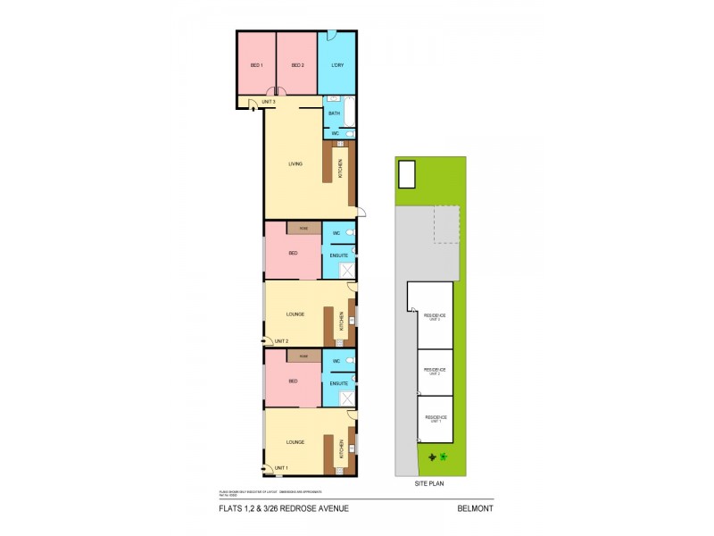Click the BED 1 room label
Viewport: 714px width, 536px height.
tap(255, 65)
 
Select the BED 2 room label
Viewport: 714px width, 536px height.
tap(296, 65)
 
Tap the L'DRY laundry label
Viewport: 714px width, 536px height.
tap(337, 65)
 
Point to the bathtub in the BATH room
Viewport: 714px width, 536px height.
tap(349, 113)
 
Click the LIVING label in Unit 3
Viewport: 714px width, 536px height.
tap(295, 163)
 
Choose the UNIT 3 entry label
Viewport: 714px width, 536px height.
tap(269, 103)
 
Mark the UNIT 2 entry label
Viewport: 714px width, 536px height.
tap(281, 341)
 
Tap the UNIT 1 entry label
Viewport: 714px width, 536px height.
tap(281, 468)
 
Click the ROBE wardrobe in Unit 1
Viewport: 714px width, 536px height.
tap(303, 356)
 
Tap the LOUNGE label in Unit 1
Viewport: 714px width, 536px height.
tap(295, 441)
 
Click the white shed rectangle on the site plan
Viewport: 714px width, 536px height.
tap(407, 174)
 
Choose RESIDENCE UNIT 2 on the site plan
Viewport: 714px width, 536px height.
tap(435, 369)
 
